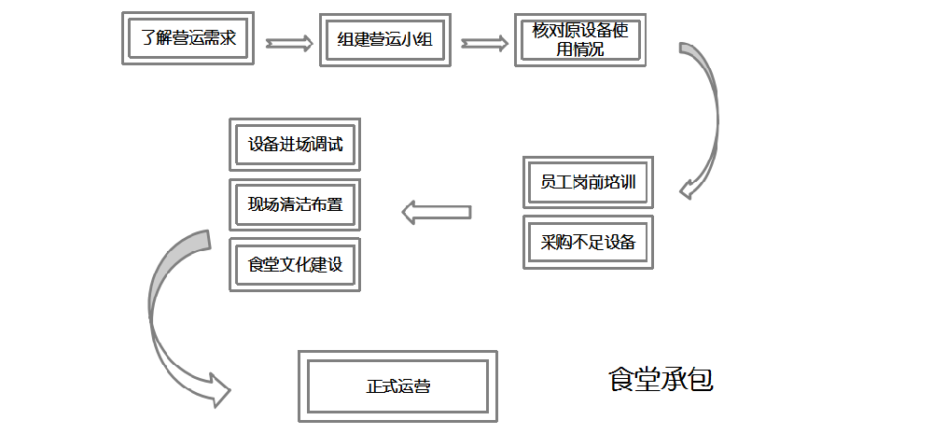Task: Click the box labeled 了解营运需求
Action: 188,38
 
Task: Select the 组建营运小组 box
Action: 384,40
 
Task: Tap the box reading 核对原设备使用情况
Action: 580,39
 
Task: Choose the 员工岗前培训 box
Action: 588,182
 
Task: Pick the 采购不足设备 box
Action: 588,243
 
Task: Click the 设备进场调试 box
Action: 295,145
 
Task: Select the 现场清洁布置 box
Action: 295,204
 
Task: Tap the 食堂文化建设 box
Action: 295,264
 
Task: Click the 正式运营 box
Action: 397,385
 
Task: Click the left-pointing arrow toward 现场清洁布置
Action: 436,212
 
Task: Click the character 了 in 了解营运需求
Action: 147,39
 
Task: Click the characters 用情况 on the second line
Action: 580,49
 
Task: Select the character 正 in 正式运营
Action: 374,386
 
